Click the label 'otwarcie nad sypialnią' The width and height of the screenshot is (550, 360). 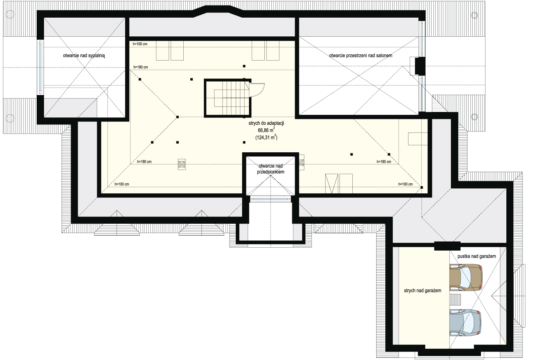84,55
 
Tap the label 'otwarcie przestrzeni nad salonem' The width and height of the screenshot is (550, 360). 361,55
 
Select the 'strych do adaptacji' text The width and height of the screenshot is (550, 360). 267,123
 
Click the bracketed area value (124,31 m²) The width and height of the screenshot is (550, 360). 267,137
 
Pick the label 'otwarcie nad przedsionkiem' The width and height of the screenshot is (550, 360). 271,169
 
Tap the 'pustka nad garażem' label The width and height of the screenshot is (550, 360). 477,256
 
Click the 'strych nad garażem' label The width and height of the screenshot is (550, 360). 422,291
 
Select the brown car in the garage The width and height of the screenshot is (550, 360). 466,277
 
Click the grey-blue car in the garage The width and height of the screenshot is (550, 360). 465,323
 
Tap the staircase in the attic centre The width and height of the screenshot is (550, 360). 228,98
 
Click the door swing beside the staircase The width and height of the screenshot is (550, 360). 257,90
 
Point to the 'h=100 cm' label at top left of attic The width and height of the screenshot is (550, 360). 140,44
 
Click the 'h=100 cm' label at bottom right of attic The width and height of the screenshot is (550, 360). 406,184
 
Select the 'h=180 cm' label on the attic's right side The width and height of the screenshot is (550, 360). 384,162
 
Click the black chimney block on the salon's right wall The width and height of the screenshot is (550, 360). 420,66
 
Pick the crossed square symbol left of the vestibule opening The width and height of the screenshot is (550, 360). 182,164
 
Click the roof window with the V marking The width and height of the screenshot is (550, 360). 332,183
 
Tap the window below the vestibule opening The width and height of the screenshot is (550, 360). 270,199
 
